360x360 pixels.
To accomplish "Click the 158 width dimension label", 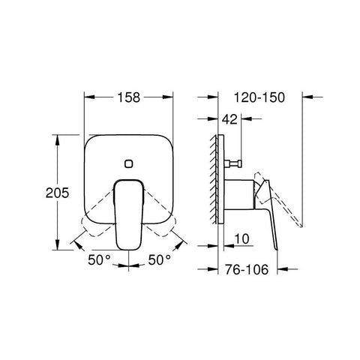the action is click(x=129, y=97).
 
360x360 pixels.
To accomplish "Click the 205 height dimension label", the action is click(x=57, y=193).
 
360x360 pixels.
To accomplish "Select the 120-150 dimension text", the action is click(x=259, y=97).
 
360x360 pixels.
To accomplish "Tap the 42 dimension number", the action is click(x=229, y=119).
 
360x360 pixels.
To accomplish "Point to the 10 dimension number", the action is click(x=242, y=239).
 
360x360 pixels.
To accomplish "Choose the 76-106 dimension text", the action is click(x=247, y=269).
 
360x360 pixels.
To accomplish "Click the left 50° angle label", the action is click(x=99, y=259).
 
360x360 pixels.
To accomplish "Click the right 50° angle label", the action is click(x=160, y=259).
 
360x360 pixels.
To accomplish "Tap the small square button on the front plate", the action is click(x=129, y=163).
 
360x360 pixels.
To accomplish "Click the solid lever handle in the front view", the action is click(x=129, y=214).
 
